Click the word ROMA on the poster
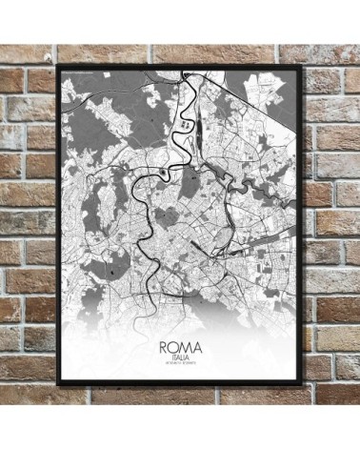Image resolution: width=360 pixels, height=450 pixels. click(180, 337)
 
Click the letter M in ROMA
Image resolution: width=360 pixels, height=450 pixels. click(185, 337)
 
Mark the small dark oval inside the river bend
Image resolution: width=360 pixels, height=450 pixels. click(167, 173)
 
